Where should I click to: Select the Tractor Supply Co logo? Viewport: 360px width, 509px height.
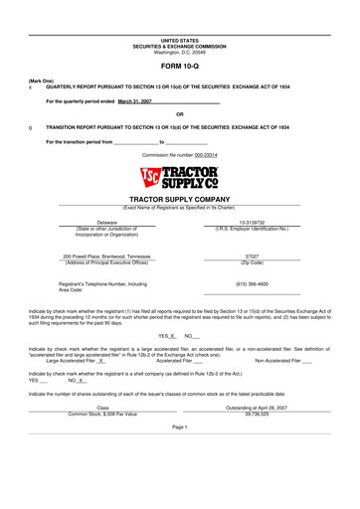pos(180,179)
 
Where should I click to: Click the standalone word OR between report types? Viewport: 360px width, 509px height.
pos(179,114)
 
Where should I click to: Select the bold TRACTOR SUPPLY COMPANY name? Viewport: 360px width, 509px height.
pos(180,199)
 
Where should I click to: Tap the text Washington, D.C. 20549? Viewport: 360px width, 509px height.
pos(180,52)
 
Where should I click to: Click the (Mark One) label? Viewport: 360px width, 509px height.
pos(42,80)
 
